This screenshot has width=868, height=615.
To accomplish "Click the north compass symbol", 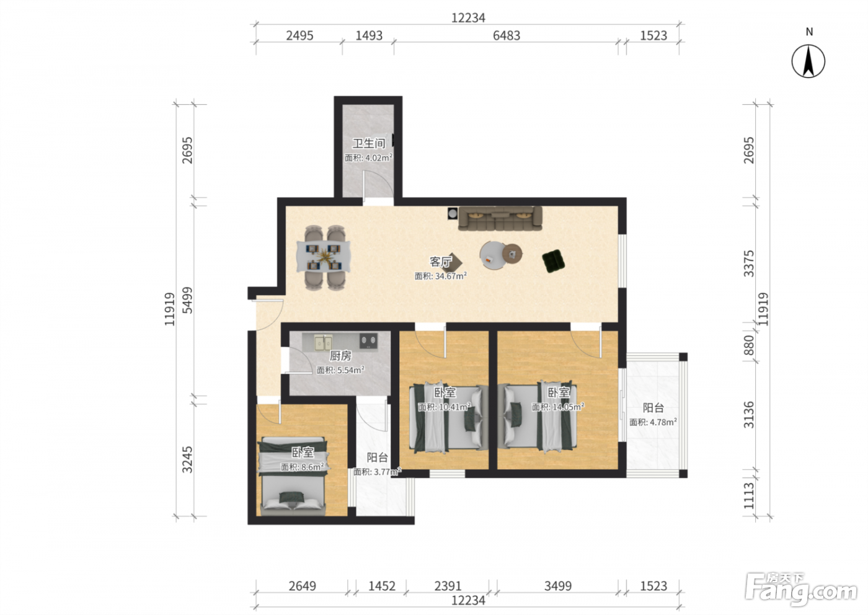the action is [x=808, y=61].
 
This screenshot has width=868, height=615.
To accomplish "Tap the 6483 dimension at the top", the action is [x=506, y=36].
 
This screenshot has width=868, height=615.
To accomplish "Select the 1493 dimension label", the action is [x=369, y=36].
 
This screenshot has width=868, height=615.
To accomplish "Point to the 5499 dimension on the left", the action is [x=187, y=300].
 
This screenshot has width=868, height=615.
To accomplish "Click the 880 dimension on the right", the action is [x=749, y=345].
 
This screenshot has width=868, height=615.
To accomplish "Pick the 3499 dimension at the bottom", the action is [x=557, y=585].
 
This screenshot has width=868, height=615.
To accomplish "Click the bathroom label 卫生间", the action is [x=368, y=143].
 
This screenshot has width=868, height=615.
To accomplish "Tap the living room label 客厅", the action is [x=441, y=262].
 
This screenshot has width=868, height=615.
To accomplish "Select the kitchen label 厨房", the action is [x=340, y=355].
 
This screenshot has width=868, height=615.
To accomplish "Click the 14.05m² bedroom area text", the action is [x=557, y=407].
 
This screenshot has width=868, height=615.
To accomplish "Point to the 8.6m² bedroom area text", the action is [x=303, y=467].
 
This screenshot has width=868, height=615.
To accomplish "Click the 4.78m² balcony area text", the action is [x=653, y=422].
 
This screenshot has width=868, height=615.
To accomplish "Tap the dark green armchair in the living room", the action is [x=553, y=261].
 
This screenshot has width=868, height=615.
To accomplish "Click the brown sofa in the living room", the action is [x=500, y=218].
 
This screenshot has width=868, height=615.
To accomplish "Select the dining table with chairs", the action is [x=324, y=257].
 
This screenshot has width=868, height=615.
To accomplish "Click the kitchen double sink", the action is [x=323, y=343].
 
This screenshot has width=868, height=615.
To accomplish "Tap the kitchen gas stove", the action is [x=368, y=340].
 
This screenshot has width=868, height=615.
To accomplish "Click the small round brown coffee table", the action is [x=512, y=254].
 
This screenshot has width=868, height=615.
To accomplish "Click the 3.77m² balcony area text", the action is [x=377, y=472].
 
